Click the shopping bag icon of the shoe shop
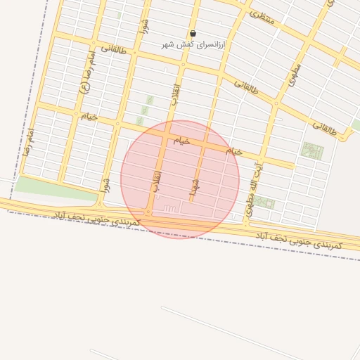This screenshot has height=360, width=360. [193, 33]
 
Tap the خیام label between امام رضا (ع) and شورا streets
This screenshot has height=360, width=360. [89, 116]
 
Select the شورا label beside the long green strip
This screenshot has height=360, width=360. [105, 185]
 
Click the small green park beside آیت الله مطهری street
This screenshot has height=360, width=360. [264, 202]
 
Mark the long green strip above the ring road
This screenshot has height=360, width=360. [53, 188]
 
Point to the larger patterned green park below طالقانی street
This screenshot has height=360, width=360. [311, 150]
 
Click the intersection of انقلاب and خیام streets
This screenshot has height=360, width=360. [167, 134]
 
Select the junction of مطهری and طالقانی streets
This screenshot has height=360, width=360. [276, 103]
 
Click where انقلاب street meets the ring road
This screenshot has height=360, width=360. [149, 212]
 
